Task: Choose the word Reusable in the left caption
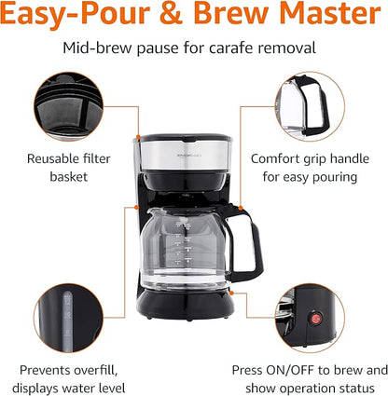(x=46, y=157)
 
